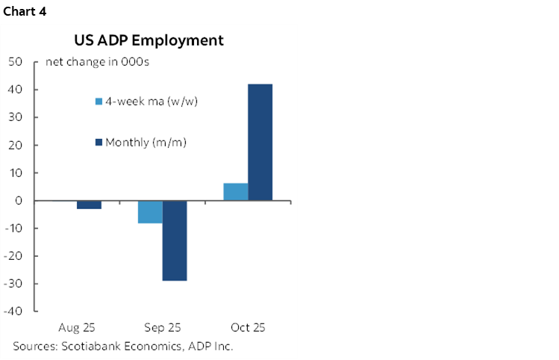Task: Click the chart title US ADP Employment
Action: pyautogui.click(x=148, y=40)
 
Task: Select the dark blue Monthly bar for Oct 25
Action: pyautogui.click(x=260, y=142)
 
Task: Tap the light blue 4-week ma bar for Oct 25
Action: pyautogui.click(x=236, y=192)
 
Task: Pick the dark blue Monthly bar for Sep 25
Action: pyautogui.click(x=175, y=240)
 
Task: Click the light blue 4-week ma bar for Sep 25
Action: pyautogui.click(x=150, y=212)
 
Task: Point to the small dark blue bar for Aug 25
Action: pyautogui.click(x=89, y=205)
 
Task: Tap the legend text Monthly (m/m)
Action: pyautogui.click(x=146, y=142)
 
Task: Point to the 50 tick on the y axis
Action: pyautogui.click(x=14, y=62)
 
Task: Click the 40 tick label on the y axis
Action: pyautogui.click(x=14, y=90)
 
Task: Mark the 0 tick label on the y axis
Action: pyautogui.click(x=18, y=201)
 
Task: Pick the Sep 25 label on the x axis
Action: pyautogui.click(x=162, y=328)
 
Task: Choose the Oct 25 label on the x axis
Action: pyautogui.click(x=248, y=328)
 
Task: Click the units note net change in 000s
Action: pyautogui.click(x=97, y=62)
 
